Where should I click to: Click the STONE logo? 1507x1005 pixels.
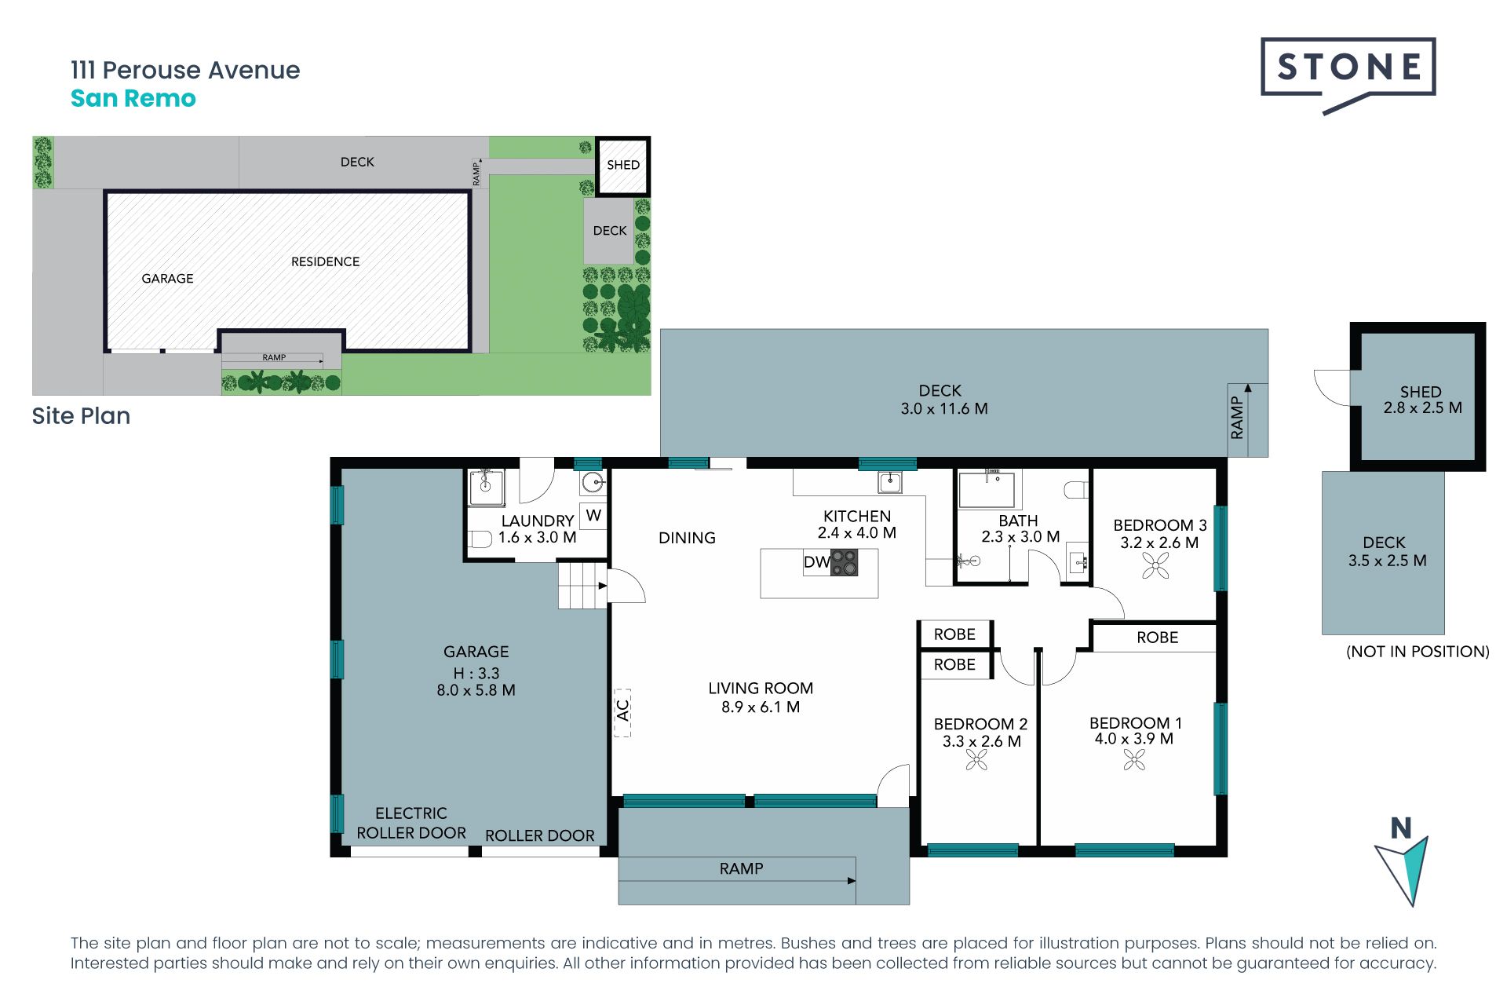click(1348, 72)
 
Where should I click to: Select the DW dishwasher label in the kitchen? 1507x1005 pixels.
click(816, 562)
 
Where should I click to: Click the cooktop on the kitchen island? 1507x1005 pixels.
click(845, 562)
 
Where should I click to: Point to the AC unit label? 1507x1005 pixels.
click(622, 711)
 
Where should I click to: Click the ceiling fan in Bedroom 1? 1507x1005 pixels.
click(1134, 759)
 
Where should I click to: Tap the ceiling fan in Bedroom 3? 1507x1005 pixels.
click(1155, 565)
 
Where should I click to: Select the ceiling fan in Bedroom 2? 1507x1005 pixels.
click(976, 759)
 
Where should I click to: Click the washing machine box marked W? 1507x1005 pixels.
click(593, 516)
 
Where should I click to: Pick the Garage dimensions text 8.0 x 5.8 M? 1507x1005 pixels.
click(476, 690)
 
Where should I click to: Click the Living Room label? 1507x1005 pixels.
click(761, 689)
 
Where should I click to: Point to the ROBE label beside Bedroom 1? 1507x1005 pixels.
click(1158, 638)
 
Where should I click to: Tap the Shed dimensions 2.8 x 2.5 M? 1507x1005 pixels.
click(1423, 408)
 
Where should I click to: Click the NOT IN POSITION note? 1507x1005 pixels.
click(1418, 652)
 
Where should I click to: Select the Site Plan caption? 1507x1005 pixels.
click(81, 416)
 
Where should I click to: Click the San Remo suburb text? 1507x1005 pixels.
click(133, 98)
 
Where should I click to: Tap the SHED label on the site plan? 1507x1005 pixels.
click(623, 165)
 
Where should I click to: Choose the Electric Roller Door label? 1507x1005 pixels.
click(411, 823)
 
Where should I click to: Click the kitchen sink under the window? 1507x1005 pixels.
click(890, 482)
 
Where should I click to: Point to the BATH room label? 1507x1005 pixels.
click(1018, 521)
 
